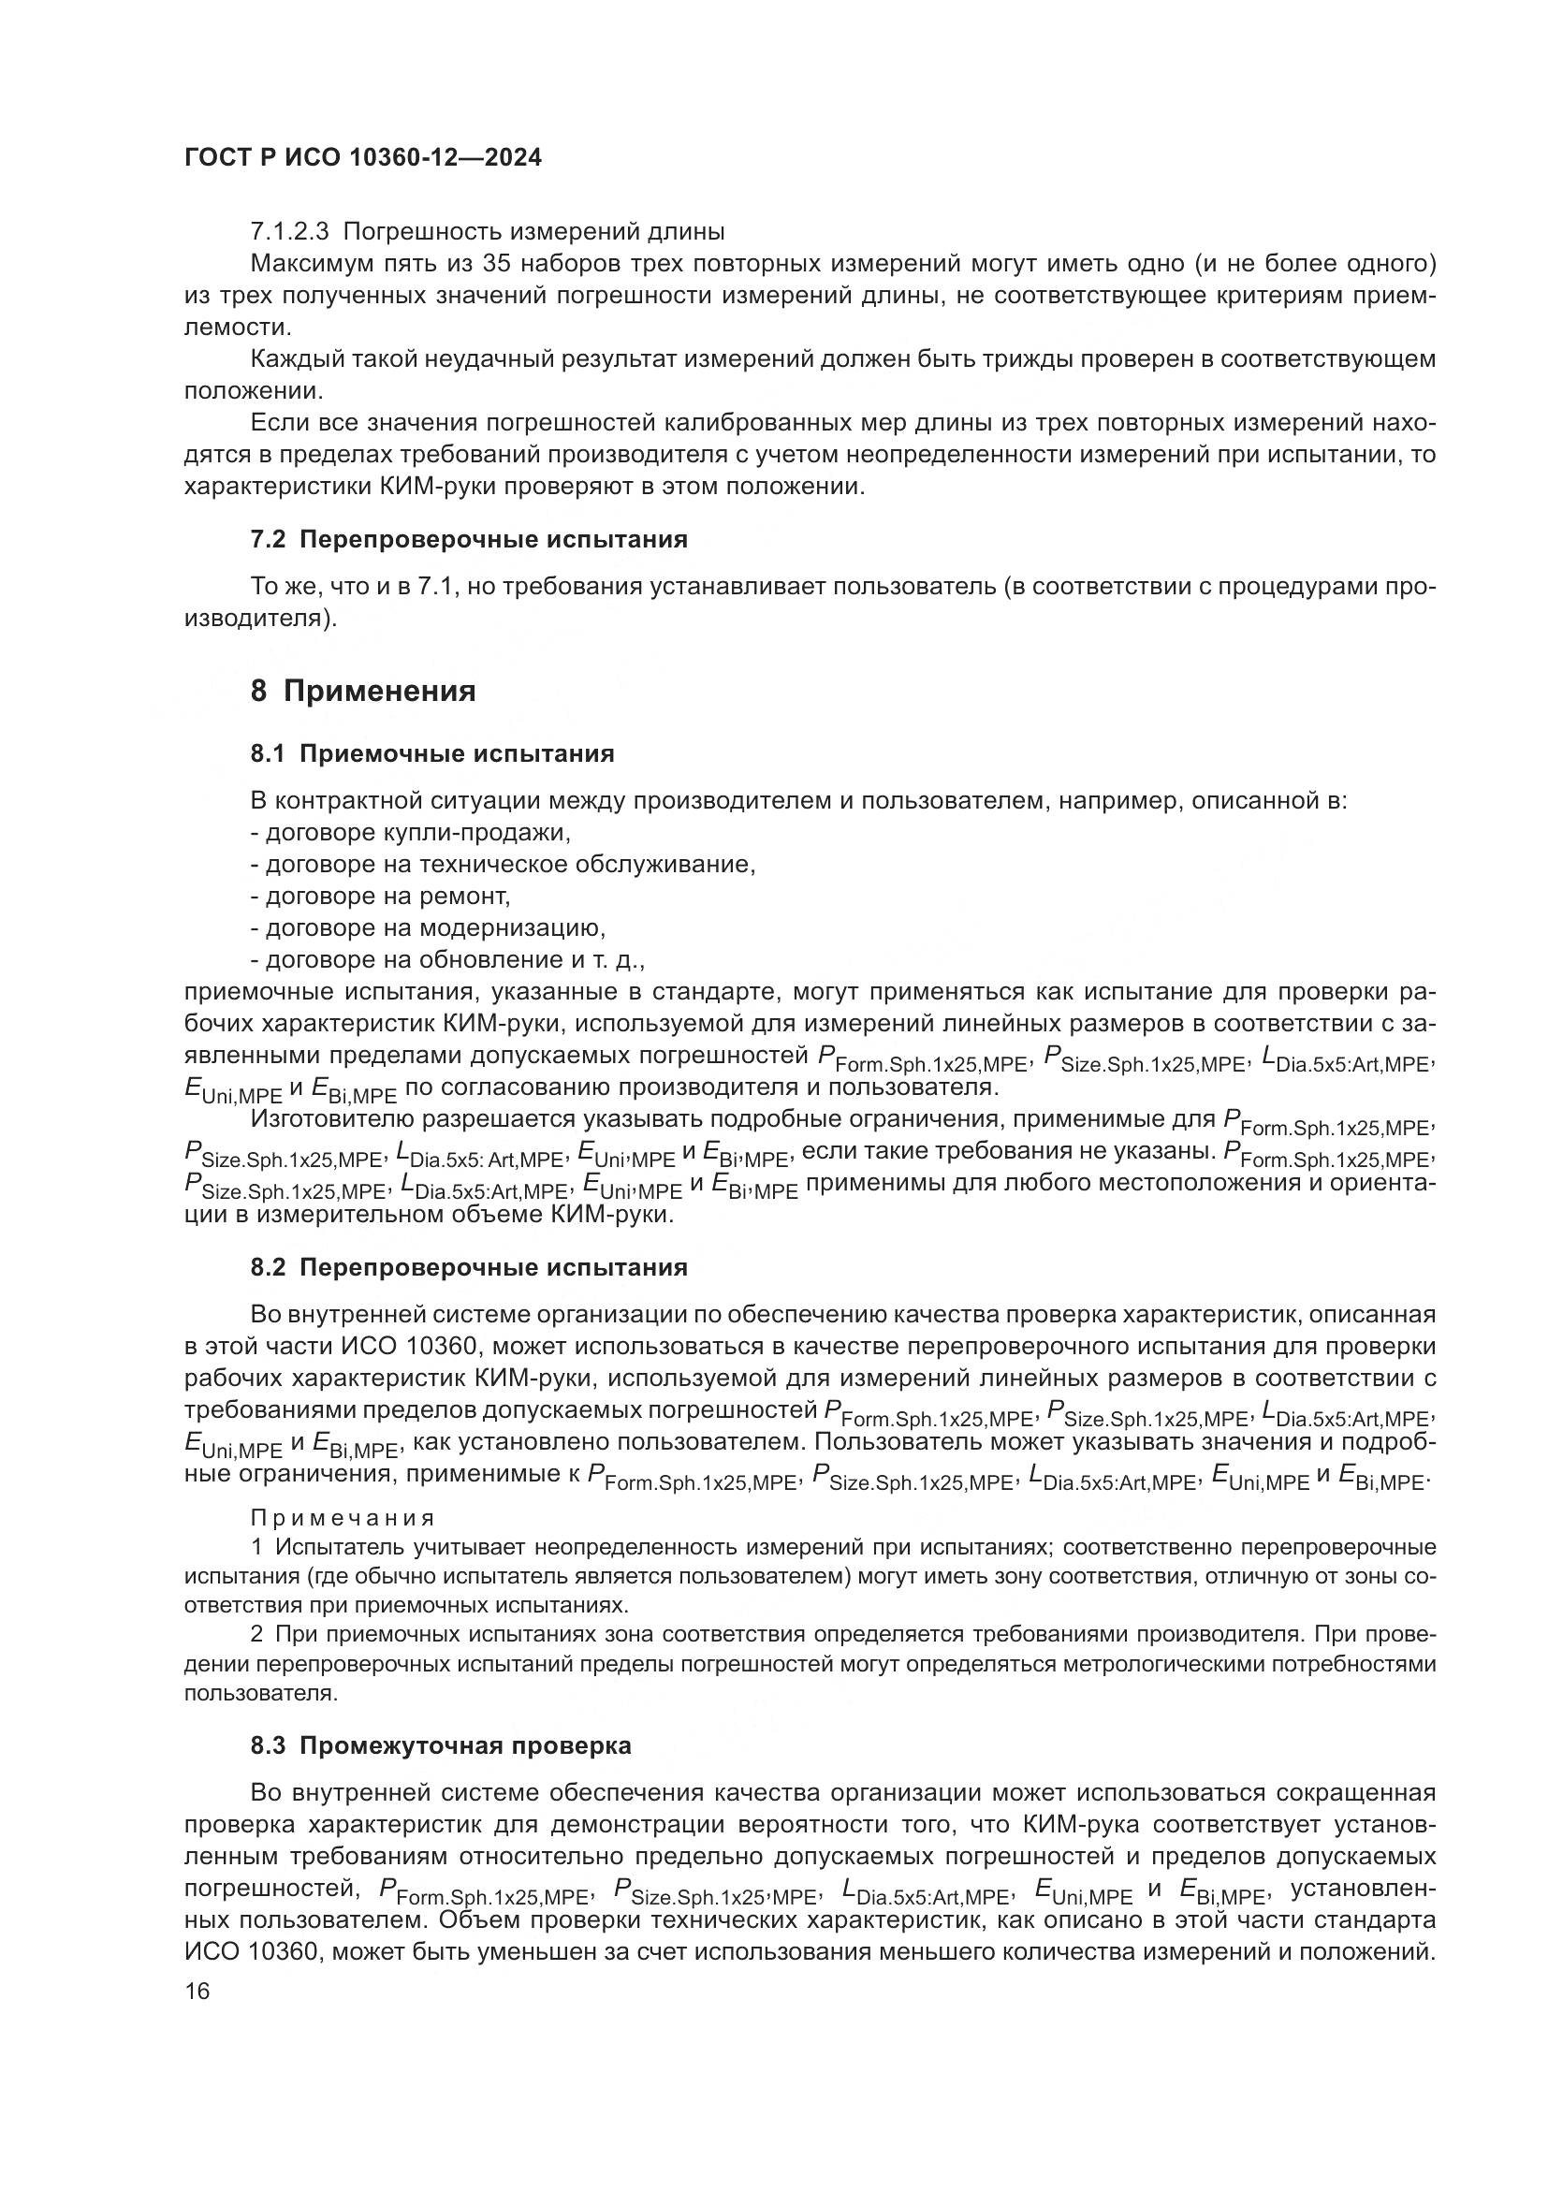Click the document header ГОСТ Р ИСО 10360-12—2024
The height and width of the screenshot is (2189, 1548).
(x=362, y=157)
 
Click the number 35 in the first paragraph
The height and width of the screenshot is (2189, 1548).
(x=499, y=263)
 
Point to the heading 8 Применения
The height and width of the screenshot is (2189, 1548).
(x=362, y=691)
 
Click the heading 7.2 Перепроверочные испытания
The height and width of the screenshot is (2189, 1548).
(x=468, y=540)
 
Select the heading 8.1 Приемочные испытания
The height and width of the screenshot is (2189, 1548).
(x=431, y=754)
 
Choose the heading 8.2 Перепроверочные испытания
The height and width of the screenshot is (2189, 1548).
(x=468, y=1268)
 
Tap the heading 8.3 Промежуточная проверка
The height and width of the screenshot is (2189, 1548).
(x=441, y=1746)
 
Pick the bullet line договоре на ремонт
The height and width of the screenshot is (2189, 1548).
(x=380, y=896)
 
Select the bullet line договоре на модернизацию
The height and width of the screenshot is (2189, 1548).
(x=428, y=927)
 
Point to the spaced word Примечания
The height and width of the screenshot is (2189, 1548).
(x=343, y=1518)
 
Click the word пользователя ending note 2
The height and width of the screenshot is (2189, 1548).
(x=257, y=1693)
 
